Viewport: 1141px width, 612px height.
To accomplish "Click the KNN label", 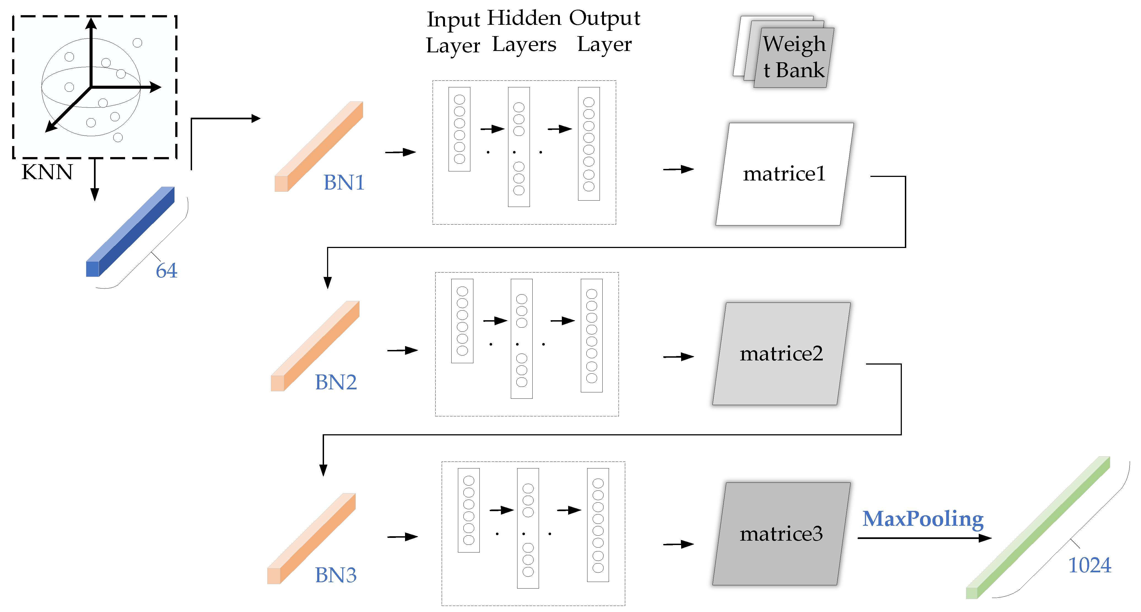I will pos(47,172).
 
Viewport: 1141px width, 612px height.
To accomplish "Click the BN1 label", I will pos(344,182).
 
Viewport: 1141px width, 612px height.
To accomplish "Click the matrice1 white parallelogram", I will pos(784,174).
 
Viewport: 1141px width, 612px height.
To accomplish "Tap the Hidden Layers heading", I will pos(524,31).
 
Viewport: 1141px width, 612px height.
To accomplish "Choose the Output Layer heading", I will pos(604,31).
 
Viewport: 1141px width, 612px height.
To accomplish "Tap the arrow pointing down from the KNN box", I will pos(94,179).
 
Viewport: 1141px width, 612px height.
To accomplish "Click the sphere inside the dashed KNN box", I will pos(91,87).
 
